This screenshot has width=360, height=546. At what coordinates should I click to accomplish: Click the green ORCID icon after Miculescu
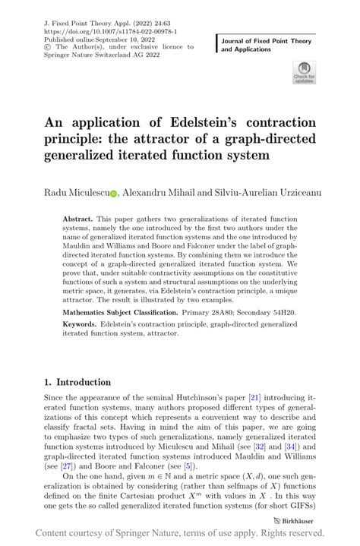114,194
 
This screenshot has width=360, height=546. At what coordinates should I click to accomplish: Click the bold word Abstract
79,216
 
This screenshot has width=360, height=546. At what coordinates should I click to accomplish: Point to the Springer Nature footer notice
180,533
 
